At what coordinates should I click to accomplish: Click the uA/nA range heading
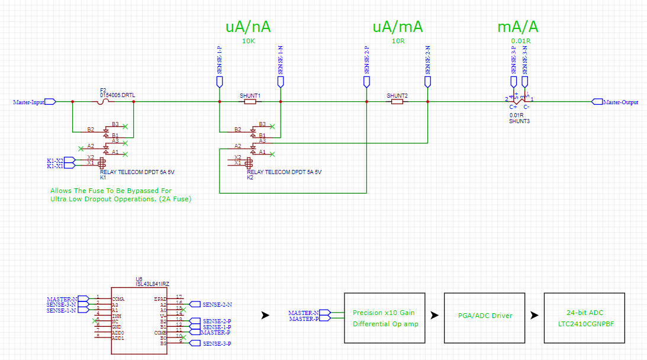(248, 27)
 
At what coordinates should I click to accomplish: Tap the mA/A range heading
(518, 27)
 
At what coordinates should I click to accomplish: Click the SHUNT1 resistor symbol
(250, 102)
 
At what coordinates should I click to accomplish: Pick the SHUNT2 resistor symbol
(397, 102)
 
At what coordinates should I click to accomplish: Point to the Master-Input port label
(29, 102)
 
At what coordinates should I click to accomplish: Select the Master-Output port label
(620, 102)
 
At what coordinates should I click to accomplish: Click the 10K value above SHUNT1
(249, 41)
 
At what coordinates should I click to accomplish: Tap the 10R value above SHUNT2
(397, 41)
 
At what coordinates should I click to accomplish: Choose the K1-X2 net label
(55, 160)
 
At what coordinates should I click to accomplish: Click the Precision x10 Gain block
(384, 318)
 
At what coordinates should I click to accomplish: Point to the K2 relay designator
(250, 176)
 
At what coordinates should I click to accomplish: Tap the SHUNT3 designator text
(519, 121)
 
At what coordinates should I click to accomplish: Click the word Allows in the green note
(62, 191)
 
